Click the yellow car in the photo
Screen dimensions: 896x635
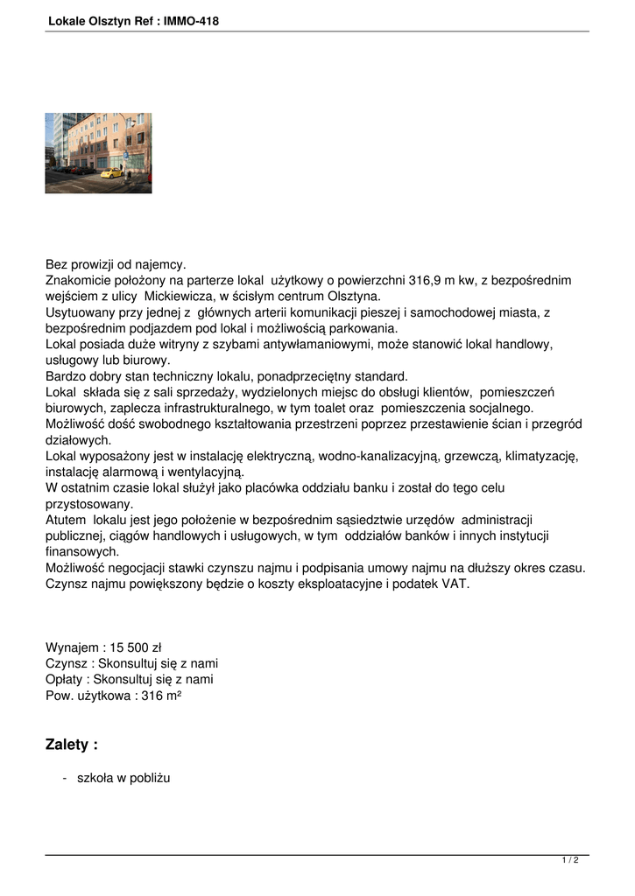pyautogui.click(x=111, y=171)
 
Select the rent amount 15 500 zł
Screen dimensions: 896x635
pyautogui.click(x=136, y=647)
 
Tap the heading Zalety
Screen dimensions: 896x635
pyautogui.click(x=71, y=745)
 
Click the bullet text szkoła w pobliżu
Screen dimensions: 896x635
pyautogui.click(x=123, y=777)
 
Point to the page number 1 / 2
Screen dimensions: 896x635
pyautogui.click(x=570, y=861)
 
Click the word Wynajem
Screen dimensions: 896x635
pyautogui.click(x=71, y=647)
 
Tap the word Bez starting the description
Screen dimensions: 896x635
pyautogui.click(x=57, y=264)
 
